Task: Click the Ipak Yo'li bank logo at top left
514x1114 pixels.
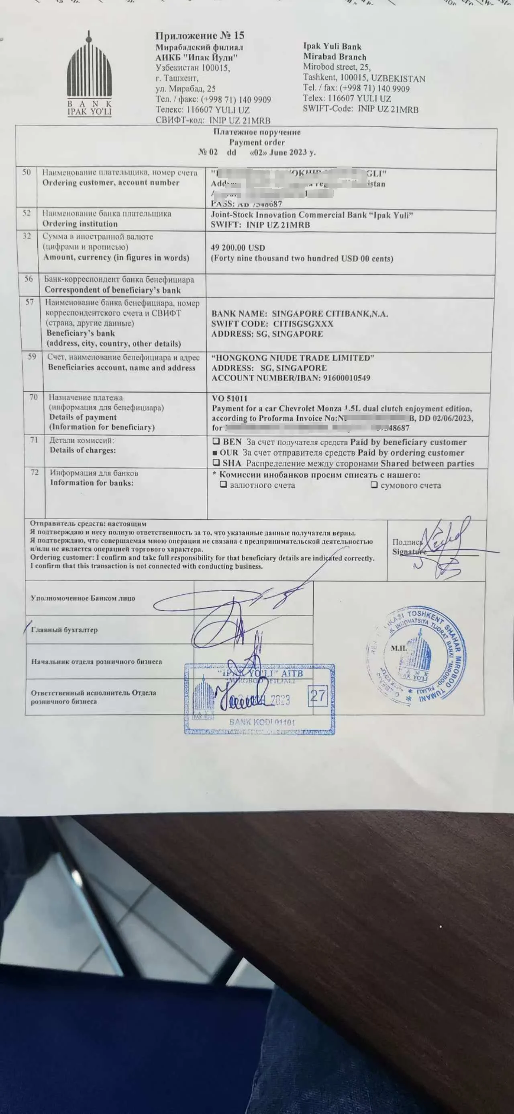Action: (x=90, y=74)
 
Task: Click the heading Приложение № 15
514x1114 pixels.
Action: (x=200, y=35)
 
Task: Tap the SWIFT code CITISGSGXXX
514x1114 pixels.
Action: (x=303, y=324)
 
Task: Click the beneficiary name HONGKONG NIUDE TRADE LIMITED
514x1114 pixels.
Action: (x=293, y=358)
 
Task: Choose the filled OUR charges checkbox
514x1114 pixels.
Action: (x=215, y=453)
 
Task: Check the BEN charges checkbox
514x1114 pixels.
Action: (x=216, y=442)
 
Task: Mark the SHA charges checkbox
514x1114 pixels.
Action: (x=216, y=463)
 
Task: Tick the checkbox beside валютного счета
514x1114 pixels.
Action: (x=223, y=485)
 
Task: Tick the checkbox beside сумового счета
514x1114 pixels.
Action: (x=374, y=485)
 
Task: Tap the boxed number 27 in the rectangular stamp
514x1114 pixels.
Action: (x=318, y=695)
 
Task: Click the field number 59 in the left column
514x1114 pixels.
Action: (x=32, y=357)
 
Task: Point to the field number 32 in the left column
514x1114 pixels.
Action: (x=27, y=236)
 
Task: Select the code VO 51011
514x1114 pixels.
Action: (x=229, y=398)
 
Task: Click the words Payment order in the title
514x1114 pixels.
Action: (x=257, y=142)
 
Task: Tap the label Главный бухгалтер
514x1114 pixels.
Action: (x=64, y=630)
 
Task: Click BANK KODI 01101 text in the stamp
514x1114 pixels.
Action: (x=262, y=722)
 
